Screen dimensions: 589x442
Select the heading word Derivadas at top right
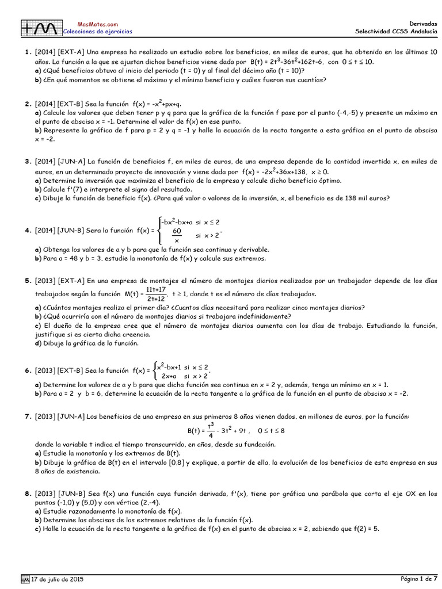coord(422,24)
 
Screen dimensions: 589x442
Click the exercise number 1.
coord(27,52)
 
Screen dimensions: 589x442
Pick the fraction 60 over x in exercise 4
coord(177,235)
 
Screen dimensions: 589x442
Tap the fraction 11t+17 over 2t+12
coord(155,294)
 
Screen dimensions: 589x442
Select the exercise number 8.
coord(27,494)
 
